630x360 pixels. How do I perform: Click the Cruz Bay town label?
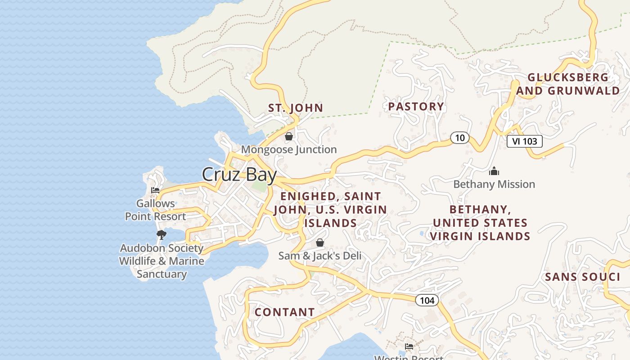239,175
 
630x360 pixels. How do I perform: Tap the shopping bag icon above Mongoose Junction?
289,136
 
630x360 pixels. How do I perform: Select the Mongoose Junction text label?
289,149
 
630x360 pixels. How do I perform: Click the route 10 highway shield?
459,138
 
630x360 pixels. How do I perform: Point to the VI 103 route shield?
524,141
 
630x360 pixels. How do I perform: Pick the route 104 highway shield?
427,300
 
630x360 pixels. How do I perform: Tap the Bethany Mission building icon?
494,171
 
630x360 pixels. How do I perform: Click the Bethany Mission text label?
494,184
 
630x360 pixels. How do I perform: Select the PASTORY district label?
416,107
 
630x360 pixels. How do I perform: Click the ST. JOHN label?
296,108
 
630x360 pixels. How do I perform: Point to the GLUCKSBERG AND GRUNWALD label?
568,84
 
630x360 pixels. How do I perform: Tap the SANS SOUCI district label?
582,277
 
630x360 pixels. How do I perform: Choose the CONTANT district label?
284,312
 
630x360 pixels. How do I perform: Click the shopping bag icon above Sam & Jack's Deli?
320,243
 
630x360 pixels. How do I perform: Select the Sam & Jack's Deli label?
320,256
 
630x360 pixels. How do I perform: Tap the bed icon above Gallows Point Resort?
155,190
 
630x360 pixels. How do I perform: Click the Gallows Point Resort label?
155,210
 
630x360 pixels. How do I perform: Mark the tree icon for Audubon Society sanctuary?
161,234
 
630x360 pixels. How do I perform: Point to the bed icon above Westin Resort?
409,346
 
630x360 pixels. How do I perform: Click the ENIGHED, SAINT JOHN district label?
330,210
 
